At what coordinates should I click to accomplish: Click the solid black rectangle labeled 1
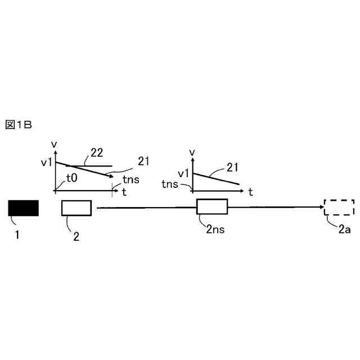tap(23, 208)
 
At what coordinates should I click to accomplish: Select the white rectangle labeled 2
tap(76, 208)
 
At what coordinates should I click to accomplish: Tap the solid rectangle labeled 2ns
tap(211, 207)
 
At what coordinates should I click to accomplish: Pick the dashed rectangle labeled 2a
tap(339, 208)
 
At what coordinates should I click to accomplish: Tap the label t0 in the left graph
tap(71, 178)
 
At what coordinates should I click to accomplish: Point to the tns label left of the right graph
tap(170, 184)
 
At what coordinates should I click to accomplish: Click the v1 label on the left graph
tap(47, 163)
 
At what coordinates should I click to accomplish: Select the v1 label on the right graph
tap(184, 174)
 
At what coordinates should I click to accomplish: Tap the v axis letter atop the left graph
tap(54, 145)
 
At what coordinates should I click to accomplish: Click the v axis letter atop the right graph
tap(192, 152)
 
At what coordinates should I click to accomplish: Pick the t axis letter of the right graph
tap(250, 192)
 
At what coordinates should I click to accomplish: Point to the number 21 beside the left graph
tap(143, 161)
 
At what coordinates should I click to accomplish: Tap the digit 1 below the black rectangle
tap(17, 235)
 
